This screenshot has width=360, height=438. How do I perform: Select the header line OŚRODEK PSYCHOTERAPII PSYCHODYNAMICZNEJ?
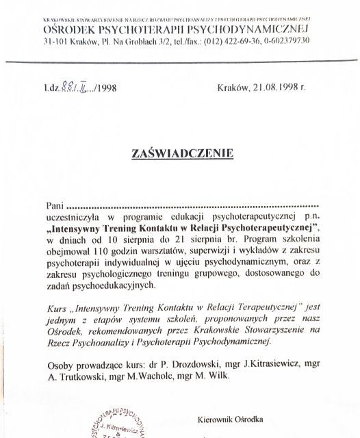(177, 29)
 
